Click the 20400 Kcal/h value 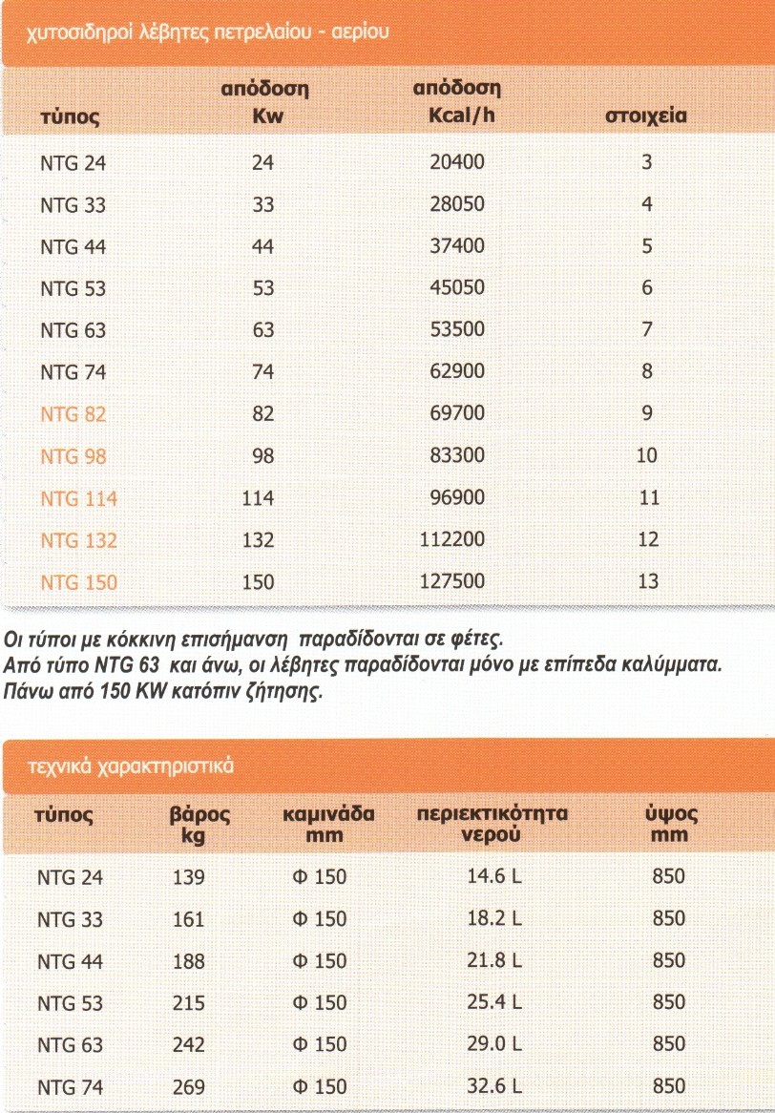coord(457,162)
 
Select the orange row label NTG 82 coord(73,414)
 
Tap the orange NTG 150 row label coord(79,582)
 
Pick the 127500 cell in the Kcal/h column coord(452,581)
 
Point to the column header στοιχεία coord(647,117)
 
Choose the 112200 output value coord(452,539)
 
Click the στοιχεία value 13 coord(648,581)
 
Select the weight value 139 coord(189,877)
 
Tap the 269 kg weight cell coord(189,1087)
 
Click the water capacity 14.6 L coord(493,876)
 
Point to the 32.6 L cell coord(493,1086)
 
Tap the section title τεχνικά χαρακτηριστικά coord(133,766)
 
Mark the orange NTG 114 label coord(79,498)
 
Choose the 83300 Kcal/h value coord(457,455)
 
